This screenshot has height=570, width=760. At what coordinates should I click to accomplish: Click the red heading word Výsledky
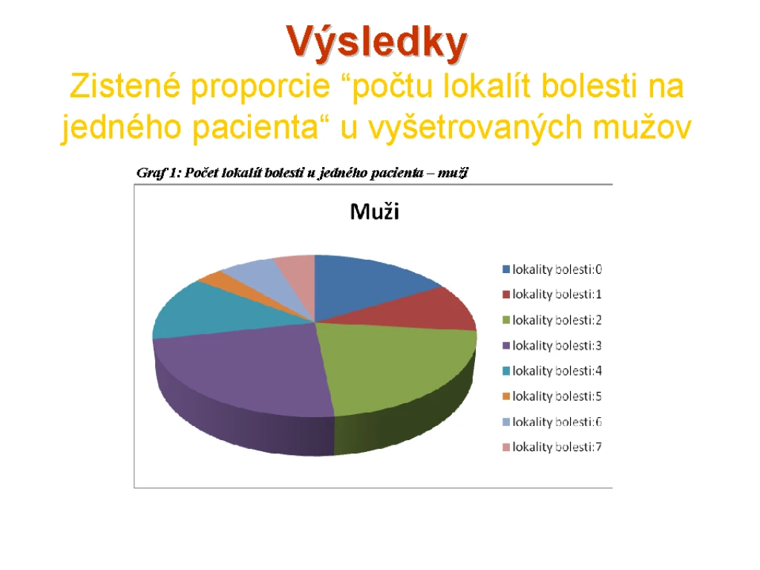coord(376,42)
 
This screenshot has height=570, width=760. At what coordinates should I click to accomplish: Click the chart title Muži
coord(375,212)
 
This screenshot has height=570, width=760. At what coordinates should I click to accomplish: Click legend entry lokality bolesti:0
coord(552,269)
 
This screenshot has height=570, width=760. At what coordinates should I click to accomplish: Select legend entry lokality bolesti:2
coord(552,321)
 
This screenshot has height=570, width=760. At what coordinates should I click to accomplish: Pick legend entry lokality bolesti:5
coord(552,396)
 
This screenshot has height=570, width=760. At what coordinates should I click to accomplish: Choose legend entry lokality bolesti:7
coord(552,447)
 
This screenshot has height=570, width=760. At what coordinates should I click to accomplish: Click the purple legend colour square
coord(506,346)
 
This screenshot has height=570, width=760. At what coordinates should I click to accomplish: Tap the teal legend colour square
coord(506,371)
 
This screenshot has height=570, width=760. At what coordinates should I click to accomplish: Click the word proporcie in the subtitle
coord(261,88)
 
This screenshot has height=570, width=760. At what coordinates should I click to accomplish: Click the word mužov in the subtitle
coord(642,128)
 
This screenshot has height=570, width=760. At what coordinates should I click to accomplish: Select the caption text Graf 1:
coord(159,173)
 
